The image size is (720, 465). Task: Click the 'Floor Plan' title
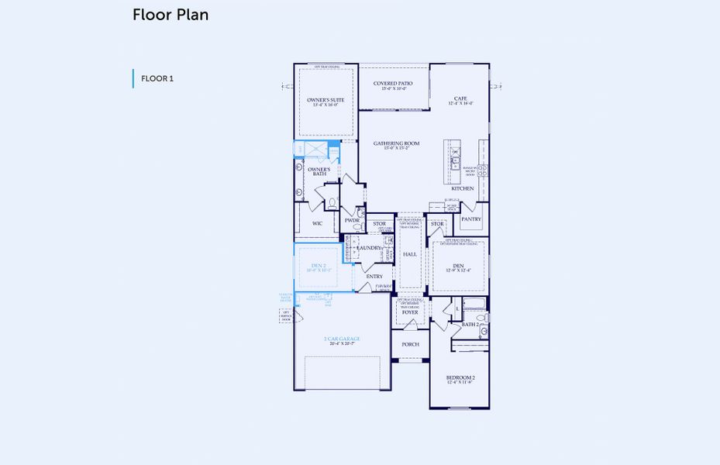coord(171,15)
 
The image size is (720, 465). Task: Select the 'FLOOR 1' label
coord(157,79)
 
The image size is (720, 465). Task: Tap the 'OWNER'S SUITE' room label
coord(326,100)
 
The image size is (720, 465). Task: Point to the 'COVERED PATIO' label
coord(393,84)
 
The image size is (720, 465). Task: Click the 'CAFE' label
coord(460,98)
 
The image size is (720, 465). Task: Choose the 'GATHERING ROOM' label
coord(396,143)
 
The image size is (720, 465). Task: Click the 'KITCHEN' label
coord(463,188)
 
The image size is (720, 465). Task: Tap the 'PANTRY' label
coord(471,219)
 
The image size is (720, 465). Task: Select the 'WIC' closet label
coord(317,224)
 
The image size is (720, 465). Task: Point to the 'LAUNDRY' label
coord(369,248)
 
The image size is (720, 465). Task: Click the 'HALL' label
coord(410,254)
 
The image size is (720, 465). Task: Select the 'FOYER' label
coord(410,312)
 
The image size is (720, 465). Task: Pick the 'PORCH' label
coord(410,344)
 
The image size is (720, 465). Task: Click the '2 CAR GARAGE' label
coord(342,339)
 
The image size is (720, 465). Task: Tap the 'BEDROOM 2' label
coord(460,377)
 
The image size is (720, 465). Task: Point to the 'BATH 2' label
coord(471,325)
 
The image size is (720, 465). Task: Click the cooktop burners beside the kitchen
coord(481,170)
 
